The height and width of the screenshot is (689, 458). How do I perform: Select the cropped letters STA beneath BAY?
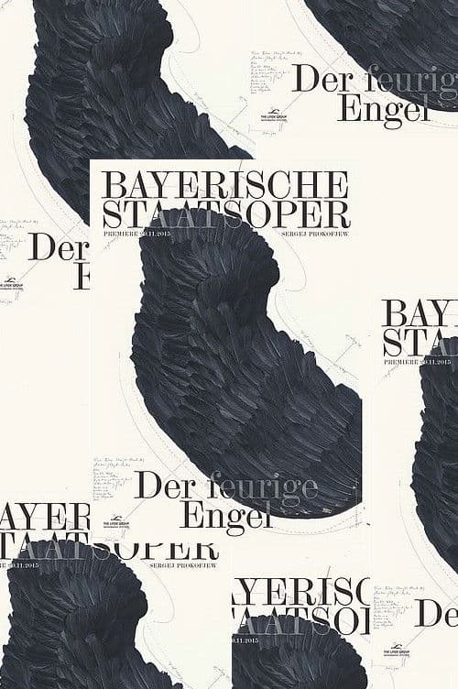click(420, 344)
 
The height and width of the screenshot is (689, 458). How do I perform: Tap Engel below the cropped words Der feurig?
click(371, 108)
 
